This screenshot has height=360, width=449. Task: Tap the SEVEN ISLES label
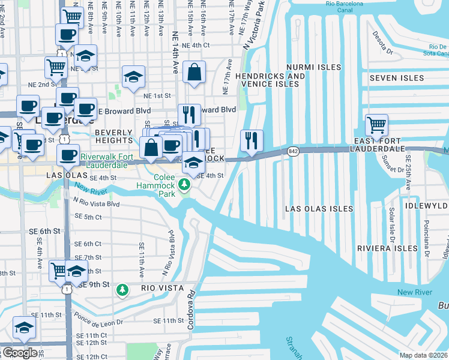(x=393, y=78)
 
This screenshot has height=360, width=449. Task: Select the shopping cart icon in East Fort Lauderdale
(x=376, y=126)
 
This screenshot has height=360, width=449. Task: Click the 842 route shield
(x=293, y=151)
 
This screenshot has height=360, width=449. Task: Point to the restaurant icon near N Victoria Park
(x=250, y=141)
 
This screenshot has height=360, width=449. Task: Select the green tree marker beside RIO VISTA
(x=123, y=290)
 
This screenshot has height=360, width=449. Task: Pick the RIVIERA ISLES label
(x=387, y=248)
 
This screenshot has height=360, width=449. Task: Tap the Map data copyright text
(x=423, y=355)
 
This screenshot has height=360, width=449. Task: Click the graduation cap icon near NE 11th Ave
(x=134, y=77)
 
